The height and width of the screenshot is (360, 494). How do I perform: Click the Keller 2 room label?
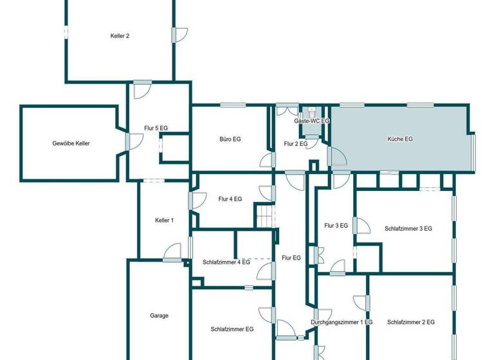(x=120, y=36)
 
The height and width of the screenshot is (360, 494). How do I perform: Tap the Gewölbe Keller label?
(x=71, y=143)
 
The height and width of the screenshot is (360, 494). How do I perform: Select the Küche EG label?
(x=400, y=139)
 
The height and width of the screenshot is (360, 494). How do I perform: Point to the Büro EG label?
(x=230, y=139)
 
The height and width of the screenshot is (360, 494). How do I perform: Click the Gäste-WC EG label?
(x=312, y=121)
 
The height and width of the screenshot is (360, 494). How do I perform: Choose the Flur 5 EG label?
(x=155, y=129)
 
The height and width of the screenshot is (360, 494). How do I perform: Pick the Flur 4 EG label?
(x=230, y=199)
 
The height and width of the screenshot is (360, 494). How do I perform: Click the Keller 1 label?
(x=164, y=221)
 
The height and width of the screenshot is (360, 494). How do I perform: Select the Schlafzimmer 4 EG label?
(x=226, y=262)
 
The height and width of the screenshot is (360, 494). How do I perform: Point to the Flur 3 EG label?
(x=336, y=226)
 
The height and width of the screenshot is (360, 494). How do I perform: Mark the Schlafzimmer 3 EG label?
(x=408, y=228)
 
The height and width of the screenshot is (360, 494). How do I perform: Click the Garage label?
(x=159, y=316)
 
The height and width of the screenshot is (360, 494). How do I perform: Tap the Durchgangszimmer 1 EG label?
(x=341, y=322)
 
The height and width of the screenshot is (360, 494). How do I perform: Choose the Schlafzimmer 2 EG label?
(x=411, y=322)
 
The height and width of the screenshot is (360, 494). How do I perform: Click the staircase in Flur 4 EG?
(x=265, y=215)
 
